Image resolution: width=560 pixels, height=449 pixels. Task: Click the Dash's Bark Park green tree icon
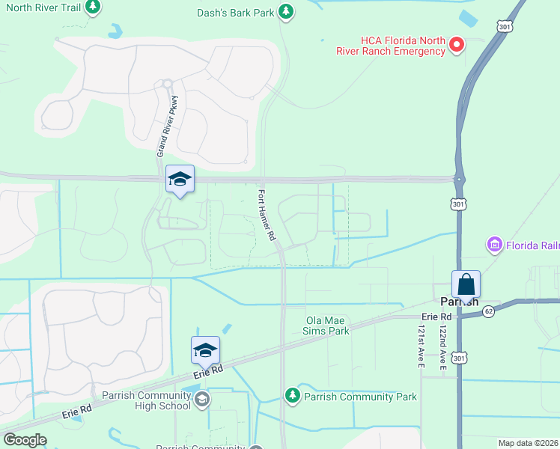click(x=285, y=11)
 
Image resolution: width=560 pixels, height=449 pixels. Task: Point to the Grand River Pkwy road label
click(x=167, y=125)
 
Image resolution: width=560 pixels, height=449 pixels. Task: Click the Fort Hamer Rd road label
click(x=267, y=215)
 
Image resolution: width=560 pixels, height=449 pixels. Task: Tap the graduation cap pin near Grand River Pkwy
click(x=180, y=180)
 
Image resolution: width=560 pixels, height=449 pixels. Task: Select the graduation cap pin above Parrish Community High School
click(x=205, y=350)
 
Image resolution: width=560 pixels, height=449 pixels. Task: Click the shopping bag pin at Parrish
click(x=466, y=285)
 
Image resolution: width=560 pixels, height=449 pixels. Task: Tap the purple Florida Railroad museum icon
click(x=493, y=245)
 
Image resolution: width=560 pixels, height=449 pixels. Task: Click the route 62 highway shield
click(x=488, y=311)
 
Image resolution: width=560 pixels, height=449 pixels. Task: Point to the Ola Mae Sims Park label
click(x=327, y=326)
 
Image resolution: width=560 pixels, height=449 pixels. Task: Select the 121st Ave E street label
click(x=421, y=346)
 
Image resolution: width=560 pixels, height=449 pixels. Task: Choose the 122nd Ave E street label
click(x=442, y=346)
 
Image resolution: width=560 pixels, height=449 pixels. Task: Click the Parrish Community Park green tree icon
click(x=292, y=395)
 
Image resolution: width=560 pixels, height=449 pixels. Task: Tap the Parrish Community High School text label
click(x=144, y=400)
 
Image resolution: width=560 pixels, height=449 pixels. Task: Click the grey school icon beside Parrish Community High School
click(x=201, y=401)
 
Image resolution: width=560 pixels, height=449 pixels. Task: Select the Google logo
click(x=25, y=439)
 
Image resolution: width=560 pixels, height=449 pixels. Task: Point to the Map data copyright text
click(x=529, y=443)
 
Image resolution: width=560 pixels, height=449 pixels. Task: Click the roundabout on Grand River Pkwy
click(x=167, y=84)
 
